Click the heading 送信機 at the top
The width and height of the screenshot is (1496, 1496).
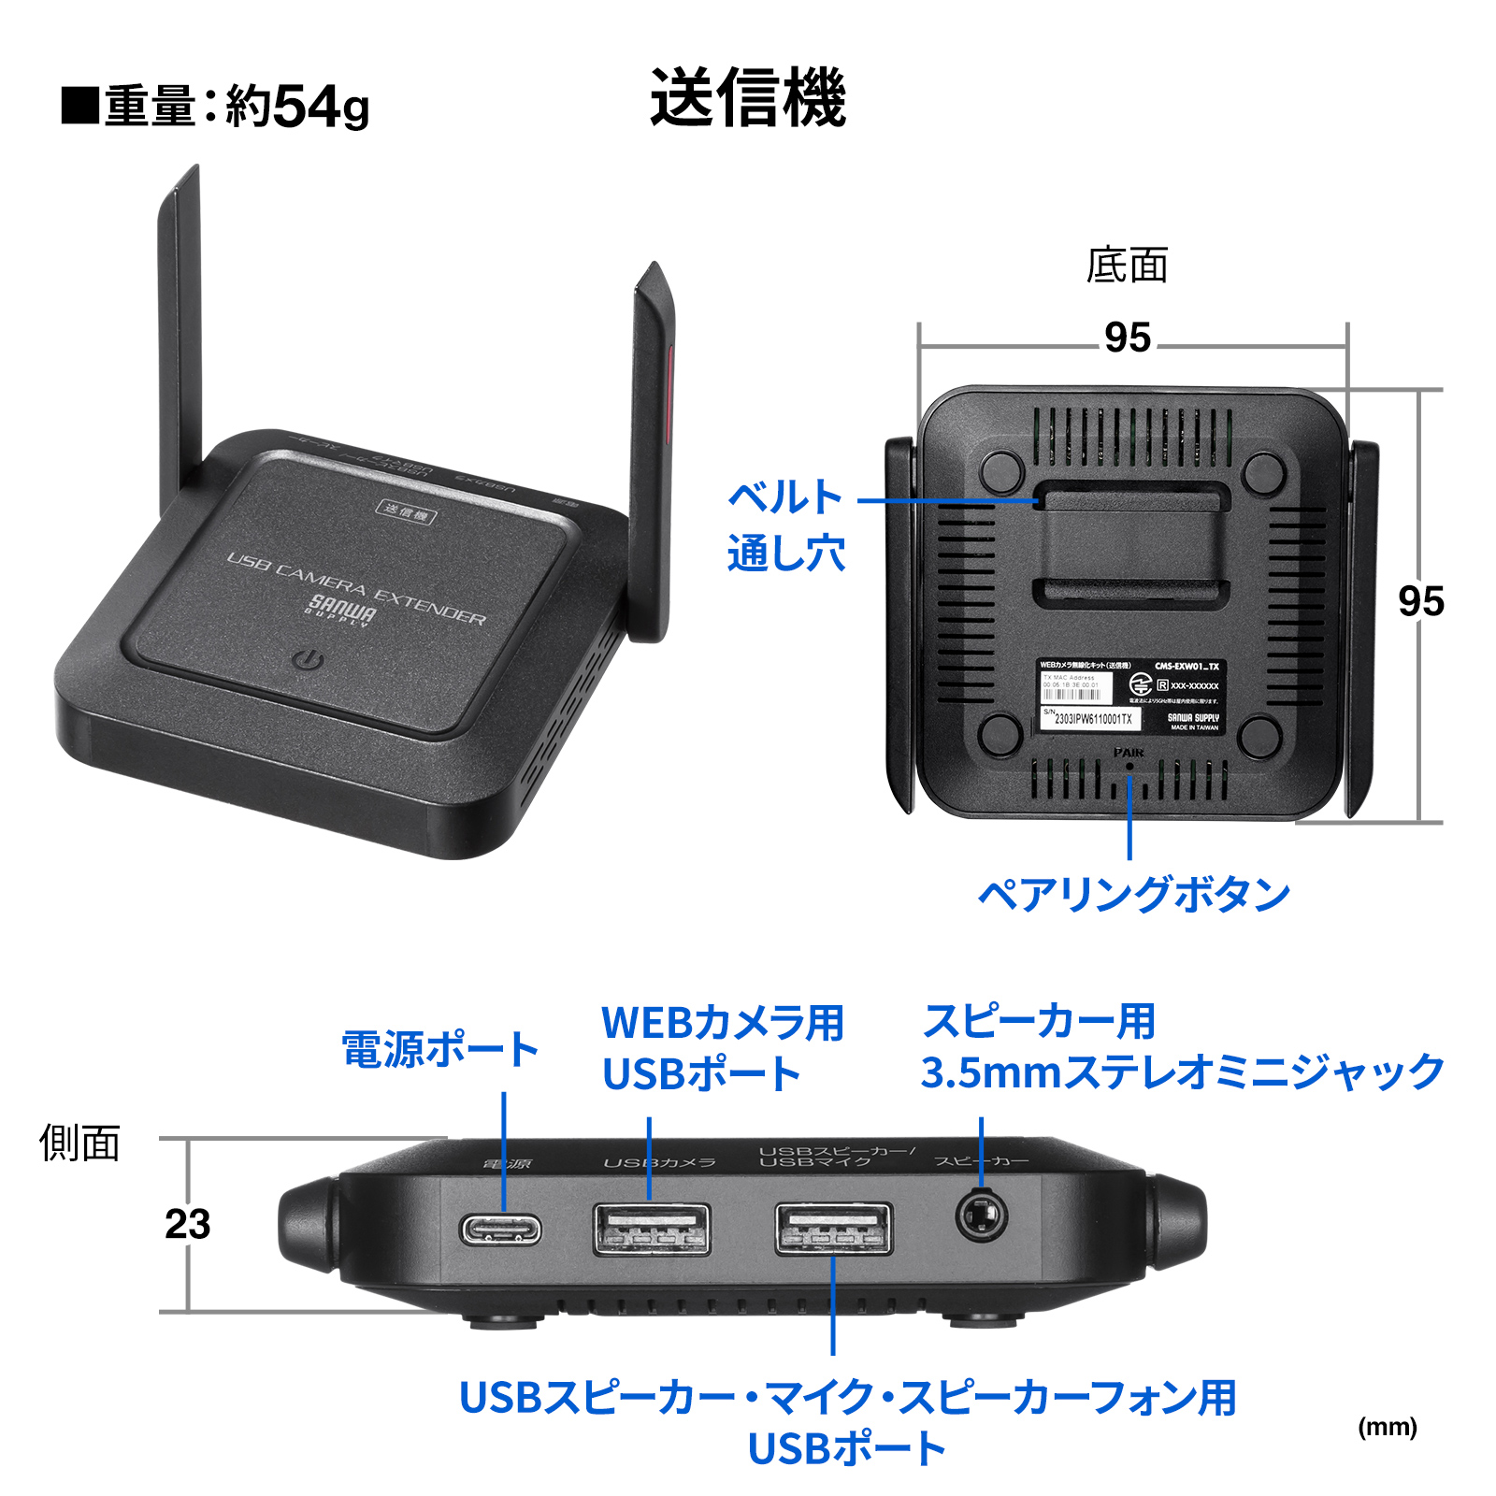[x=748, y=97]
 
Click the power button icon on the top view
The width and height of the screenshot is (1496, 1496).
[x=308, y=660]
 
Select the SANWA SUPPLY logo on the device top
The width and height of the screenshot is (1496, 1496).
[x=341, y=611]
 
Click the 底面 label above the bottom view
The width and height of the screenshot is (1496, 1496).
[x=1127, y=266]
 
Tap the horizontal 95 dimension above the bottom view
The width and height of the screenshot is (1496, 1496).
[x=1128, y=338]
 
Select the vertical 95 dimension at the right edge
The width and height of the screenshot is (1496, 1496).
[x=1420, y=601]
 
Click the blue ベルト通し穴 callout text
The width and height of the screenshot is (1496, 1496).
[x=785, y=525]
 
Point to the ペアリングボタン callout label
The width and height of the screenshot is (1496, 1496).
[x=1133, y=895]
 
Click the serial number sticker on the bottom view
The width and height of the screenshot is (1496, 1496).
[x=1090, y=718]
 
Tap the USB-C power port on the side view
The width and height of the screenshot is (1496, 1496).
[x=500, y=1229]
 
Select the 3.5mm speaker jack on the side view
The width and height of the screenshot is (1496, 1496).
[x=981, y=1217]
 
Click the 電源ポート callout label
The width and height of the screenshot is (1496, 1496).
[x=439, y=1049]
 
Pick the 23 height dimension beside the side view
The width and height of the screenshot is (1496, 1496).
[x=188, y=1224]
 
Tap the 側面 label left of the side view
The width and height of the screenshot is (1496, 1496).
[x=79, y=1143]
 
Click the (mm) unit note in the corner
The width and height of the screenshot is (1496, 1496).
[x=1387, y=1427]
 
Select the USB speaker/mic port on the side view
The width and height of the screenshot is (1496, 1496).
[x=833, y=1229]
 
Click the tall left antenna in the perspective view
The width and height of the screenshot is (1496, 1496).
[x=180, y=337]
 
